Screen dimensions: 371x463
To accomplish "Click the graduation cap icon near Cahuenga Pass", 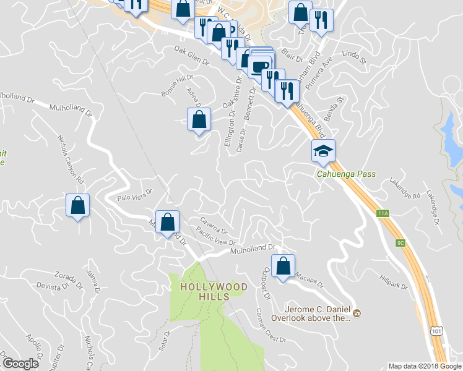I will coord(322,151).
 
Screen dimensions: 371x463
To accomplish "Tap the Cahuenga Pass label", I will coord(346,174).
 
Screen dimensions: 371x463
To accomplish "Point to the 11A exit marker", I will coord(383,213).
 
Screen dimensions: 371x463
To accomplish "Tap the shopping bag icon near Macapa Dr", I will coord(283,266).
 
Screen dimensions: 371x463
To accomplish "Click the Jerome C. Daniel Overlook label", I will coord(318,313).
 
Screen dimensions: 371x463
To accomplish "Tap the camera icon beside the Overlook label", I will coord(357,314).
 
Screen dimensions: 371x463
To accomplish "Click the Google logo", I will coord(20,364).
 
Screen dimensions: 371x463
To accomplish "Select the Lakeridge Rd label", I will coord(405,189).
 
